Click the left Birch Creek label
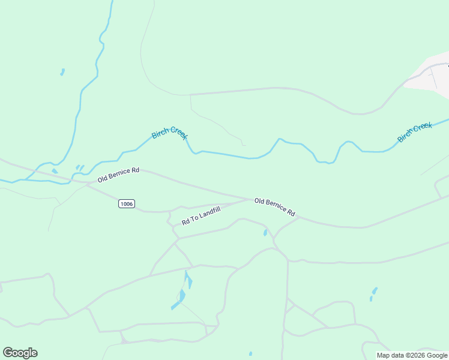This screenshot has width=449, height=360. [170, 133]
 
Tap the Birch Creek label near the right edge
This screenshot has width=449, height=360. [415, 132]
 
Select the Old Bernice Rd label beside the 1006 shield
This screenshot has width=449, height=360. [118, 175]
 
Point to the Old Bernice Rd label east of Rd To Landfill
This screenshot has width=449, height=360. [274, 208]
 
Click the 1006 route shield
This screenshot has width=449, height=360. [126, 204]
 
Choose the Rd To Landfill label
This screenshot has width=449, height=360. [201, 215]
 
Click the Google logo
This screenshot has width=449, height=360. [20, 352]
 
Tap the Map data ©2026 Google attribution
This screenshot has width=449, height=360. [412, 355]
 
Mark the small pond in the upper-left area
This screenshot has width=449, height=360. [62, 72]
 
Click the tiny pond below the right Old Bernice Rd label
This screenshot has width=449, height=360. [265, 233]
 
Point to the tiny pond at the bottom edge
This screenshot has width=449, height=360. [250, 354]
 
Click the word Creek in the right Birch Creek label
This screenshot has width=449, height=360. [422, 128]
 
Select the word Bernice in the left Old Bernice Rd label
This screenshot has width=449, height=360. [119, 175]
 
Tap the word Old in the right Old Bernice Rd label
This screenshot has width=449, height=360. [259, 202]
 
